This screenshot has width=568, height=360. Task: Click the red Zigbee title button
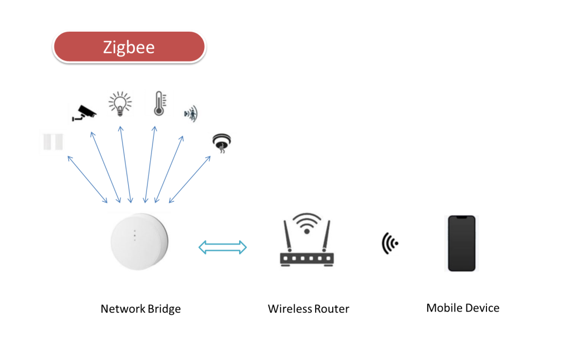pyautogui.click(x=129, y=47)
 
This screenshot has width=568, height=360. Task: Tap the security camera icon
pyautogui.click(x=83, y=111)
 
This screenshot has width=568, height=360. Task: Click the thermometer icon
pyautogui.click(x=159, y=103)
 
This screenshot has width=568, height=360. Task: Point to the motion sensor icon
pyautogui.click(x=190, y=114)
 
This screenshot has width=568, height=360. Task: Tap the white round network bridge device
pyautogui.click(x=139, y=242)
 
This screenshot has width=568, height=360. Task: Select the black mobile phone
pyautogui.click(x=461, y=243)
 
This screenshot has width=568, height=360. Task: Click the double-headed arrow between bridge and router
pyautogui.click(x=222, y=247)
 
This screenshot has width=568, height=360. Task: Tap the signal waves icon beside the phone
pyautogui.click(x=390, y=243)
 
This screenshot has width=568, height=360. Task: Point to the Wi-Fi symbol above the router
pyautogui.click(x=307, y=224)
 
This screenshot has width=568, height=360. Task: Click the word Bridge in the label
pyautogui.click(x=164, y=309)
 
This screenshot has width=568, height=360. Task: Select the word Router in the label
pyautogui.click(x=332, y=309)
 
